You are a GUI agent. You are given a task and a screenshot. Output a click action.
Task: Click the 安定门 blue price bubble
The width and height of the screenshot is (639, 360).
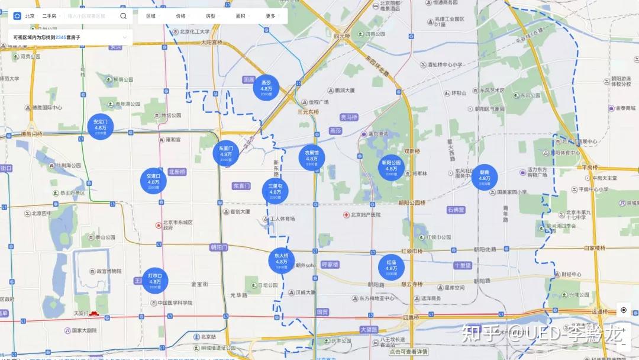click(x=100, y=127)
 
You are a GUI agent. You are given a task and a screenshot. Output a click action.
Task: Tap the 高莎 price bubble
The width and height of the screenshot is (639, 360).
click(x=266, y=88)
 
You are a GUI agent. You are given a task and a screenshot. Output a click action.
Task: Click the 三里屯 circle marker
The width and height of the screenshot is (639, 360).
click(x=275, y=191)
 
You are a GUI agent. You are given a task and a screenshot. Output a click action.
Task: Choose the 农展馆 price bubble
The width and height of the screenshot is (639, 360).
click(x=312, y=158)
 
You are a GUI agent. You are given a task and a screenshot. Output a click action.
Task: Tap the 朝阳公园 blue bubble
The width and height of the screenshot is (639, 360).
click(x=391, y=168)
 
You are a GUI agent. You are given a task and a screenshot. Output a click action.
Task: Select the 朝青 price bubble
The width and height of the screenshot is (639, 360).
click(x=485, y=177)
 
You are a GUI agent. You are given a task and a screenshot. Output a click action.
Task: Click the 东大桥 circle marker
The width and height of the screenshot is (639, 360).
click(x=281, y=261)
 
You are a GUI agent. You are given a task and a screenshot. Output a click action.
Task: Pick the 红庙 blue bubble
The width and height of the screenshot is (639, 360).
click(x=391, y=267)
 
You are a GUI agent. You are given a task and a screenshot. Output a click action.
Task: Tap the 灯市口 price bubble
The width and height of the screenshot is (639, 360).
click(x=155, y=281)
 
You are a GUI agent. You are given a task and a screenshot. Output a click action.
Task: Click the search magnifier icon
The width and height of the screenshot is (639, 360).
click(x=123, y=16)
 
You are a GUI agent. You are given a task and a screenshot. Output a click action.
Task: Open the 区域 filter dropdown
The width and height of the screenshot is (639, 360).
click(x=153, y=16)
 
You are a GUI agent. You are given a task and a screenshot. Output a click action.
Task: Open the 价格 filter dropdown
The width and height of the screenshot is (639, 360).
click(x=183, y=16)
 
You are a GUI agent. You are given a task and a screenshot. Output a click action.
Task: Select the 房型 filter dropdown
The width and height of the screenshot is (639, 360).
click(x=212, y=16)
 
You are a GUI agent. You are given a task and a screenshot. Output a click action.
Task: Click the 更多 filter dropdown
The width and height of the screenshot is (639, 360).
click(x=272, y=16)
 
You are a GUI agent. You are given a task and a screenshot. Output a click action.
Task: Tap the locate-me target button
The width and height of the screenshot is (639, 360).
click(x=624, y=310)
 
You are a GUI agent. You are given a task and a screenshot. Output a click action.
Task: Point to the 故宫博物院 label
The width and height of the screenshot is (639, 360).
click(x=108, y=271)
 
